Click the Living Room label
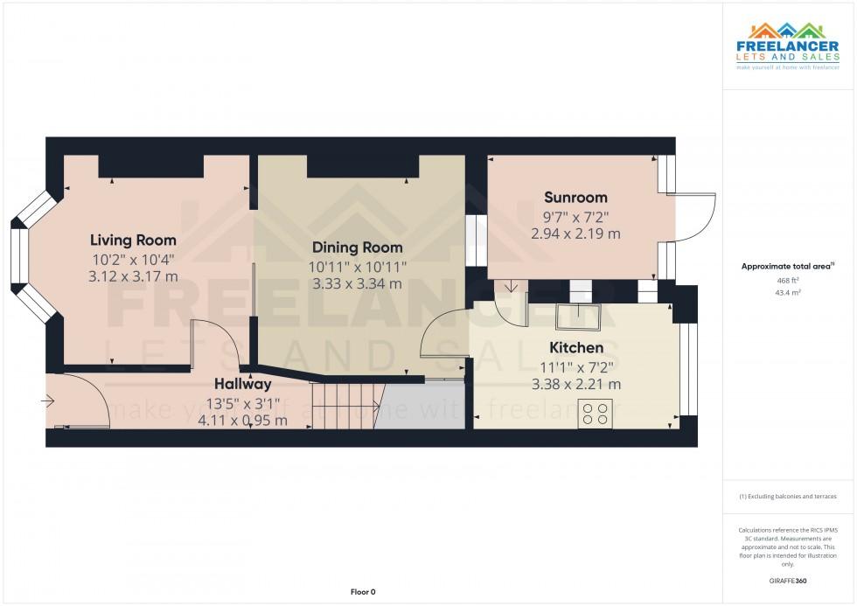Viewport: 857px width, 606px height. coord(133,240)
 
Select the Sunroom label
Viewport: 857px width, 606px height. coord(575,197)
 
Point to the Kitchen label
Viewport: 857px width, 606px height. coord(575,347)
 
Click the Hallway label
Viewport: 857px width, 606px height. coord(242,384)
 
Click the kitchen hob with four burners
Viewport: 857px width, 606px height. coord(595,413)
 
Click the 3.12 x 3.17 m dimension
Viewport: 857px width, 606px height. coord(133,276)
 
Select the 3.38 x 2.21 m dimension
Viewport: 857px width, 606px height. coord(575,384)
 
